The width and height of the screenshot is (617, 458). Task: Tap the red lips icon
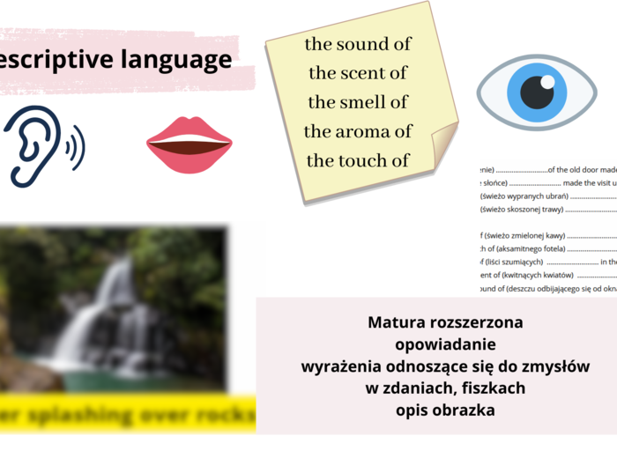[x=189, y=145]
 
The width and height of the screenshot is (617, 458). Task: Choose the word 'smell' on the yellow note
[x=368, y=102]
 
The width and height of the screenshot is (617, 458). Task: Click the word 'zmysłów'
[x=555, y=366]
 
